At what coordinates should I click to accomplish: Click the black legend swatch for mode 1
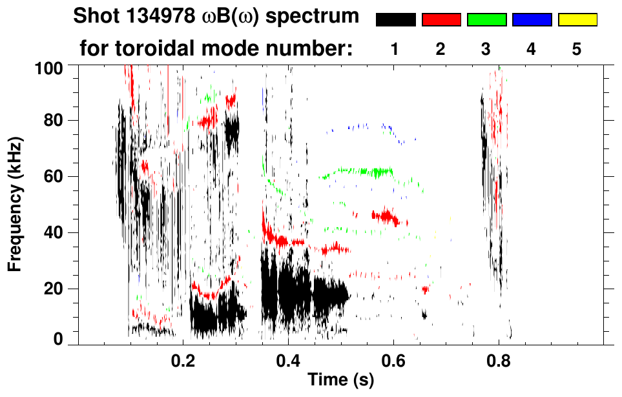point(395,20)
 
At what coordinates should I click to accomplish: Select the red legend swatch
point(441,20)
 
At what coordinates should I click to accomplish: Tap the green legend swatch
point(486,20)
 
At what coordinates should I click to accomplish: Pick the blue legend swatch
point(531,20)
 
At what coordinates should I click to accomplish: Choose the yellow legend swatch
point(577,20)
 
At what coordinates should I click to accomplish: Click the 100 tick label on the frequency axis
point(49,67)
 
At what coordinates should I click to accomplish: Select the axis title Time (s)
point(340,381)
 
